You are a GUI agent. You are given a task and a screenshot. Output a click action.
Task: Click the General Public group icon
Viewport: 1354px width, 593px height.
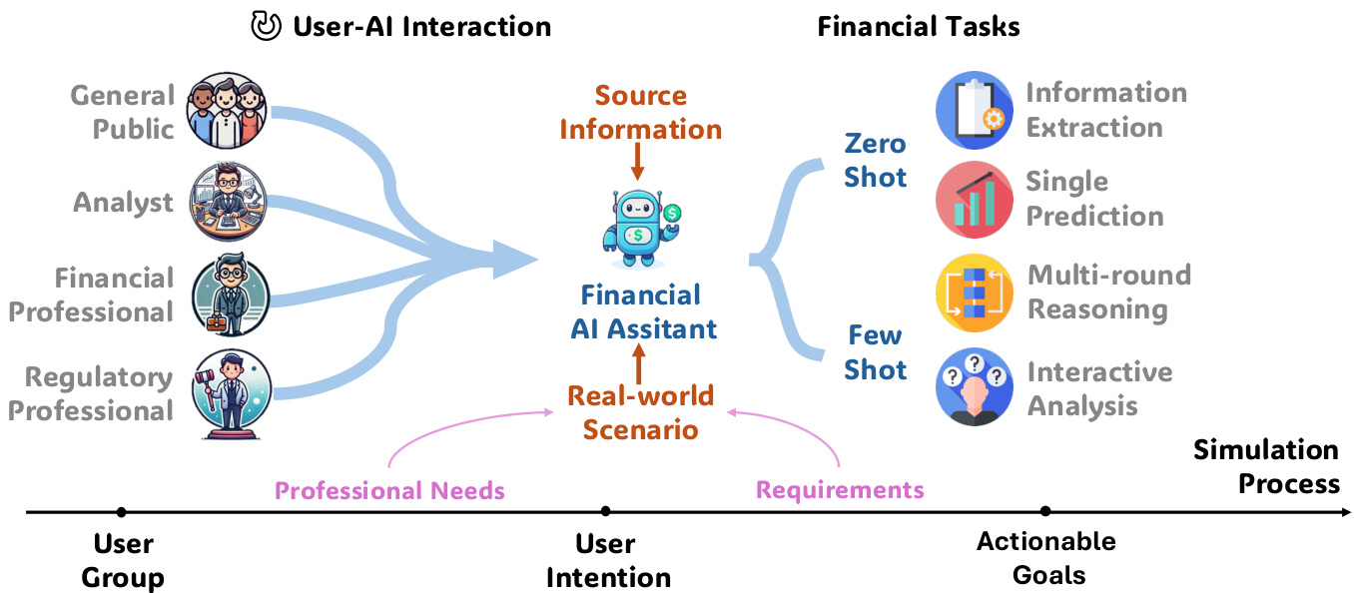pyautogui.click(x=230, y=110)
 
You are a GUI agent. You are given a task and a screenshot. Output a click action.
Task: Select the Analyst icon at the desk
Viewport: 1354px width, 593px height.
pyautogui.click(x=230, y=203)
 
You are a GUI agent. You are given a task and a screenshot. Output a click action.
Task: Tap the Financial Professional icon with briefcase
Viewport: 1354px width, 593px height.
pyautogui.click(x=231, y=296)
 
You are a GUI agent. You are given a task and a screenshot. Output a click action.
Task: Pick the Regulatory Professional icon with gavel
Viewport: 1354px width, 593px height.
pyautogui.click(x=231, y=392)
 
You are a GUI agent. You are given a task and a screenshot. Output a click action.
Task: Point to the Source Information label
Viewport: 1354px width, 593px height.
pyautogui.click(x=640, y=113)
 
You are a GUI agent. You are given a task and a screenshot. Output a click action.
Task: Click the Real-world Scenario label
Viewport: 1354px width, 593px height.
pyautogui.click(x=640, y=412)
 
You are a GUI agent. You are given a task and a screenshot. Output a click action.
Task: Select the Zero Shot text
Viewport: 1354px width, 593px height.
pyautogui.click(x=875, y=160)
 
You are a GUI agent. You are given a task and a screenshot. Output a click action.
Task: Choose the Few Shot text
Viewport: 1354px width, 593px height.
pyautogui.click(x=875, y=352)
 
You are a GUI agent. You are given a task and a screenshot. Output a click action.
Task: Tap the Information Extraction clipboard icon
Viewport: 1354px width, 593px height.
pyautogui.click(x=974, y=110)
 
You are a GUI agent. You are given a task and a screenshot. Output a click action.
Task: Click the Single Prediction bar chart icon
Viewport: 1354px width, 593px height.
pyautogui.click(x=974, y=200)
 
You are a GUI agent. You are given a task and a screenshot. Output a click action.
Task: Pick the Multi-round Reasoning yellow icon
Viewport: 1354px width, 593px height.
pyautogui.click(x=974, y=293)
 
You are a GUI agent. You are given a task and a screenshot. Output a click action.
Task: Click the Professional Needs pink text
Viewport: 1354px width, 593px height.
pyautogui.click(x=389, y=490)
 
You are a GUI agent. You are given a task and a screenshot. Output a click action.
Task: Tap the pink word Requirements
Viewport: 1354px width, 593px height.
pyautogui.click(x=839, y=489)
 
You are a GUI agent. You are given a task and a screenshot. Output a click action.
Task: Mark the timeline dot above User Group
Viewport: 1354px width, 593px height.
pyautogui.click(x=121, y=512)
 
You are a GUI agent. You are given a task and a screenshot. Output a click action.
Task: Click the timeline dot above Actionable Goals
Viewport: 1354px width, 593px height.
pyautogui.click(x=1045, y=511)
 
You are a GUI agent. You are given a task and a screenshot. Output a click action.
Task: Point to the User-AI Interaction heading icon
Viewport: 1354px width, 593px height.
pyautogui.click(x=265, y=26)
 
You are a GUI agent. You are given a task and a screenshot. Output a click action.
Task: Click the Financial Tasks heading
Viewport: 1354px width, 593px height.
pyautogui.click(x=918, y=26)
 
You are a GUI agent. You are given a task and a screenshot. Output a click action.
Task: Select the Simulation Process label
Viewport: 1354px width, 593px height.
pyautogui.click(x=1266, y=466)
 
